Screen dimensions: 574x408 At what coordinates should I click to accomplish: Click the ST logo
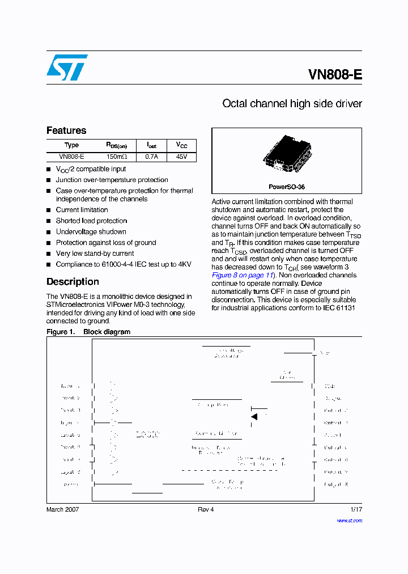67,67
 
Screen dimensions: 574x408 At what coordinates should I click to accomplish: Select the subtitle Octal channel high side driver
292,104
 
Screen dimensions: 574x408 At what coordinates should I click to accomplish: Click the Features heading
66,130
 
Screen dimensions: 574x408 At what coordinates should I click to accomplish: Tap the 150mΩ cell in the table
117,157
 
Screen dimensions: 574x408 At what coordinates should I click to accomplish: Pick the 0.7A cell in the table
152,157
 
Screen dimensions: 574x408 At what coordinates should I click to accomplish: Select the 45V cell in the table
181,157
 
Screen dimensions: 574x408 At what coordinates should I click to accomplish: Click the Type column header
72,145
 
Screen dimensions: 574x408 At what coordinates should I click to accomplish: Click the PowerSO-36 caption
287,187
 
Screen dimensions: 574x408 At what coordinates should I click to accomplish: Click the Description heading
73,282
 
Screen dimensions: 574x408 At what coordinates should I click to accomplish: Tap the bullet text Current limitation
82,210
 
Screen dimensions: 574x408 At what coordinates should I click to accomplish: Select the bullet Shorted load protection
91,221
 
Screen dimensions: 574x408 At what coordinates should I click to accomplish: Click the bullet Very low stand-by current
95,254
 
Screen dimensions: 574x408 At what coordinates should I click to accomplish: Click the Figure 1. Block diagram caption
88,332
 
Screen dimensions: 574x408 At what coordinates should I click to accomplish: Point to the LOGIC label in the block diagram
148,435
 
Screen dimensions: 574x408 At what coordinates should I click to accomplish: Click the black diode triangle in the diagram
254,417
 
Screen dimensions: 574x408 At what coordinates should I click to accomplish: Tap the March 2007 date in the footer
62,509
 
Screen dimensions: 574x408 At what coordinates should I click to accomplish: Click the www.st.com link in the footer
349,520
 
